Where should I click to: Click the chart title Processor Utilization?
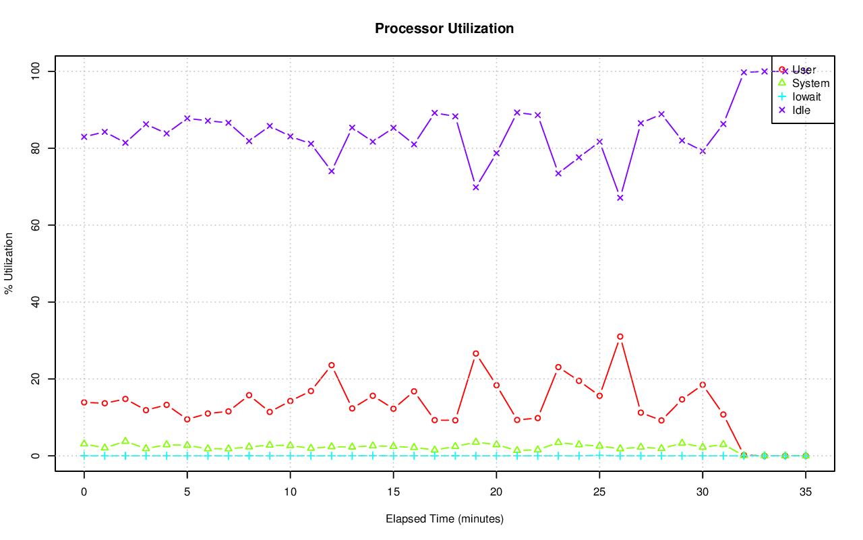point(444,28)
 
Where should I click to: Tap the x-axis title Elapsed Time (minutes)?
point(444,519)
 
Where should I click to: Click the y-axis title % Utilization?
point(9,263)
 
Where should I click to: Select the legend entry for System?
point(810,83)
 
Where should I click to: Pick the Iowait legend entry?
point(806,96)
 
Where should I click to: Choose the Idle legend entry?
point(801,110)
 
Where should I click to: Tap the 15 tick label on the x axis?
point(393,493)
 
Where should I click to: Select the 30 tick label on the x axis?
point(703,493)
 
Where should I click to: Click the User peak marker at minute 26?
point(620,336)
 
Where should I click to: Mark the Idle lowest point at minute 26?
point(620,198)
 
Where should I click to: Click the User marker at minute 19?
point(476,353)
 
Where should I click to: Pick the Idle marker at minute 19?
point(476,187)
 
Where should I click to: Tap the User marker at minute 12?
point(332,365)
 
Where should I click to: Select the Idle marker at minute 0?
point(84,137)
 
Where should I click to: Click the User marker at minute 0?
point(84,402)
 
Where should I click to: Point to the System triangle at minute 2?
point(125,441)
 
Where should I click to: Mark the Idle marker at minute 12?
point(332,171)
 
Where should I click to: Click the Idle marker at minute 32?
point(744,72)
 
